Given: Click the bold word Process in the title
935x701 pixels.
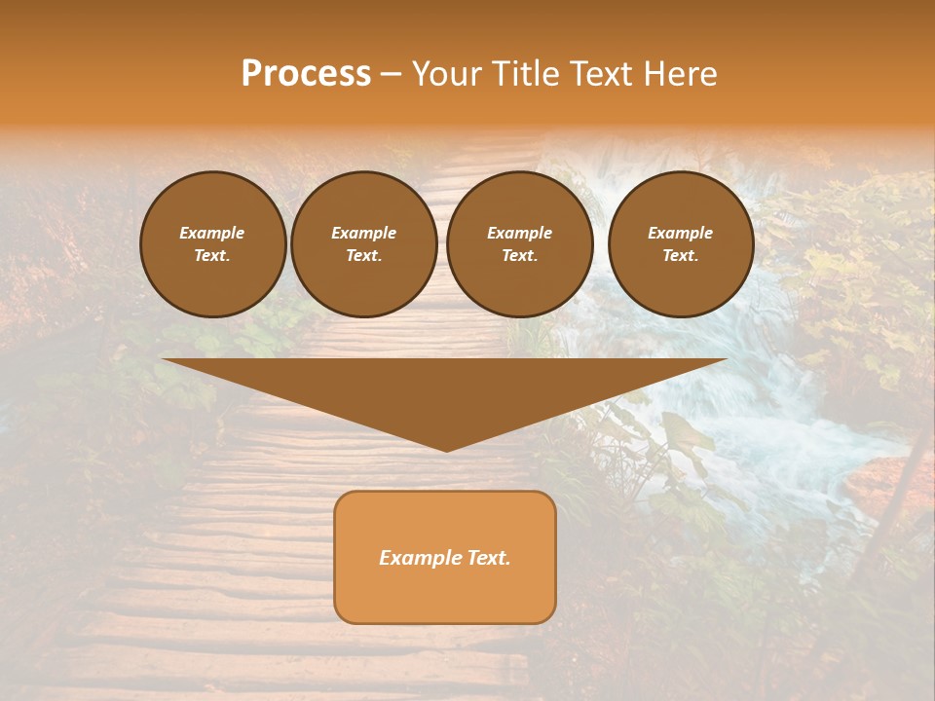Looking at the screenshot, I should pyautogui.click(x=306, y=74).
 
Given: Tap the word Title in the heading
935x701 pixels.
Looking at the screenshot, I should pyautogui.click(x=525, y=74).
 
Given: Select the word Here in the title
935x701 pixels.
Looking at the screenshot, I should pyautogui.click(x=680, y=74).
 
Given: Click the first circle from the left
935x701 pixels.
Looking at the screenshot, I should pyautogui.click(x=212, y=244).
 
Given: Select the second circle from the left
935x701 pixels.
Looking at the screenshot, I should pyautogui.click(x=363, y=244).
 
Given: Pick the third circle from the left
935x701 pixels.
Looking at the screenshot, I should pyautogui.click(x=519, y=244).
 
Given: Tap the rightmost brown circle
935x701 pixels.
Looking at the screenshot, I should pyautogui.click(x=680, y=244).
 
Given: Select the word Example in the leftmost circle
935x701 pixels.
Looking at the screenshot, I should pyautogui.click(x=212, y=233).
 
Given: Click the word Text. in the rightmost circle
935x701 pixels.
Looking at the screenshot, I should pyautogui.click(x=680, y=256).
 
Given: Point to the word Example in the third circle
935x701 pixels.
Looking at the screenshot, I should pyautogui.click(x=519, y=233).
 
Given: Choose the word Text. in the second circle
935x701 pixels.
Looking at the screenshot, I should pyautogui.click(x=363, y=256).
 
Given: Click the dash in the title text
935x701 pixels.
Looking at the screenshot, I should pyautogui.click(x=391, y=75).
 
